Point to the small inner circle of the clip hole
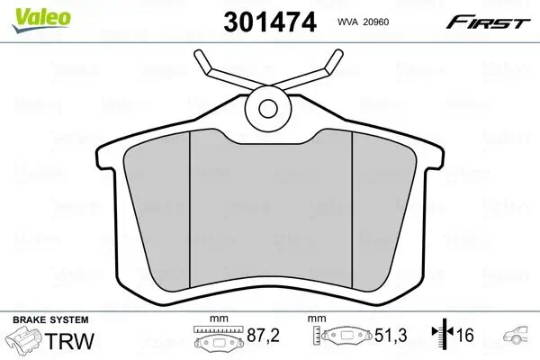(x=269, y=108)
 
